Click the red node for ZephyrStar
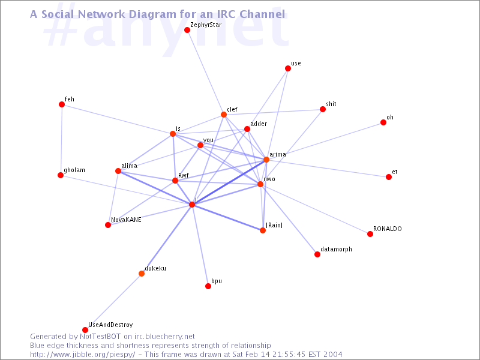coord(187,30)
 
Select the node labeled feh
coord(62,104)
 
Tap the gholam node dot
coord(61,175)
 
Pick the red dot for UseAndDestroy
coord(85,330)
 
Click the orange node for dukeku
coord(142,274)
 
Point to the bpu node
coord(208,286)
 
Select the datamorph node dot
coord(317,254)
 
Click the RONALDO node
coord(370,234)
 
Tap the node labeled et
coord(389,177)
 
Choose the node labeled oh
coord(383,122)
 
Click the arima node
coord(266,160)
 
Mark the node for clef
coord(224,115)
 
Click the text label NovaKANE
coord(126,220)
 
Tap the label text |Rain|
coord(274,226)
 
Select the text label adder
coord(259,124)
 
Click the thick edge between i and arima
coord(229,182)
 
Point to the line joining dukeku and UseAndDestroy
coord(113,302)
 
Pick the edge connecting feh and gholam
coord(61,140)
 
